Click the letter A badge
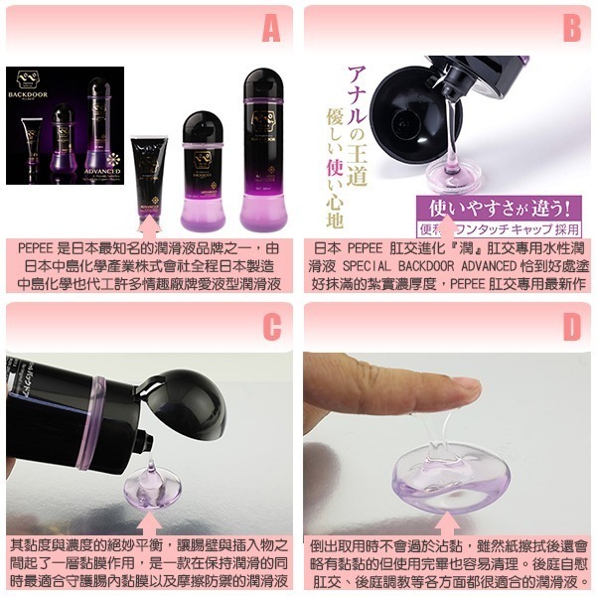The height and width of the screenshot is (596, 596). [270, 30]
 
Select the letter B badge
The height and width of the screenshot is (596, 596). [571, 30]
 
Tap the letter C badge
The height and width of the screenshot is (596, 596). [270, 327]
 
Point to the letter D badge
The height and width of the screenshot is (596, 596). [571, 327]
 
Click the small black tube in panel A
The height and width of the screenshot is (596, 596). [148, 169]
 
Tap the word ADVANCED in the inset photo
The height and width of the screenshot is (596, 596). [101, 170]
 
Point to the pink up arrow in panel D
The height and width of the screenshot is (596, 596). [448, 519]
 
